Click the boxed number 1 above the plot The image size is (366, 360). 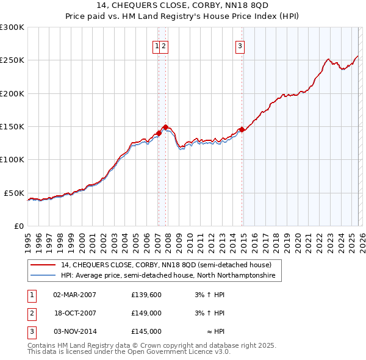tap(157, 45)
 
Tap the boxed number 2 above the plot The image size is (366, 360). tap(165, 45)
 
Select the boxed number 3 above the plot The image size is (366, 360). tap(240, 45)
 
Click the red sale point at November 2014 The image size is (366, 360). tap(242, 129)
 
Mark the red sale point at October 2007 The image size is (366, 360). tap(165, 127)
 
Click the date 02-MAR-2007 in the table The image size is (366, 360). tap(74, 295)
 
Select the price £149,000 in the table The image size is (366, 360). tap(146, 313)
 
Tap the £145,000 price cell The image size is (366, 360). tap(146, 331)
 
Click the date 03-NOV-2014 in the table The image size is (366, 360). tap(74, 331)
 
